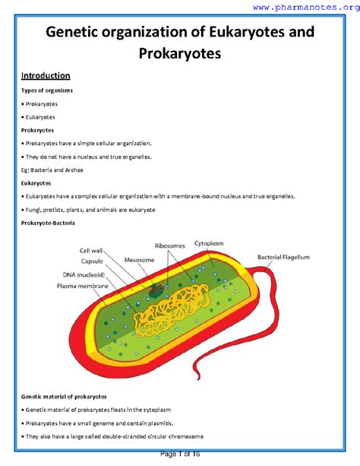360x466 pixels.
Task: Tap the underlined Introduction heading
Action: (46, 76)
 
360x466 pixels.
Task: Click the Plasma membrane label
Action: (83, 287)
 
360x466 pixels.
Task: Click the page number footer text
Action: (179, 454)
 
